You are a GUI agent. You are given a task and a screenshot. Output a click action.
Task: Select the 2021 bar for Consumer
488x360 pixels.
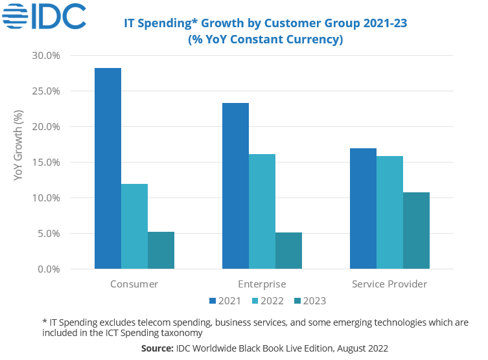(x=108, y=168)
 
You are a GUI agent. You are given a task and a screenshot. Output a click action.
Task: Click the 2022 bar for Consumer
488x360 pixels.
(x=134, y=227)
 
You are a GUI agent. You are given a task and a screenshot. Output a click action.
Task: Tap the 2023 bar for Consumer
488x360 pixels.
(x=161, y=250)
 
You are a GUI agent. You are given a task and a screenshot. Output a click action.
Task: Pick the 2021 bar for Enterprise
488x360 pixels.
(x=235, y=186)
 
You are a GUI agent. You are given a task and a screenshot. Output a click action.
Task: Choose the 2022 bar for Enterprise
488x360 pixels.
(x=262, y=211)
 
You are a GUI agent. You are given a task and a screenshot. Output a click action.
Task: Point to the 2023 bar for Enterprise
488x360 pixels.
(x=288, y=251)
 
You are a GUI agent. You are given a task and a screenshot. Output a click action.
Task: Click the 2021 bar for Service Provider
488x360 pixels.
(x=363, y=208)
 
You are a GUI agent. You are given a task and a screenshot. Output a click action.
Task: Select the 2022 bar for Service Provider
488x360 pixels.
(x=389, y=212)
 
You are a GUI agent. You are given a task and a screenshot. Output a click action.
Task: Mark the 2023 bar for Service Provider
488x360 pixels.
(x=416, y=231)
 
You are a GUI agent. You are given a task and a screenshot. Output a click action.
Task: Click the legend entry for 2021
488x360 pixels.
(x=225, y=300)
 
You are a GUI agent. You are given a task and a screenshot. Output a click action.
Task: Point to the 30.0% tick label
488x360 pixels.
(x=46, y=56)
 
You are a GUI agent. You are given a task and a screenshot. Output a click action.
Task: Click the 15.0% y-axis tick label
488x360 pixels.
(x=46, y=163)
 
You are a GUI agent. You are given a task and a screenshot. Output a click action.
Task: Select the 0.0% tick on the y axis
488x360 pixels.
(x=49, y=269)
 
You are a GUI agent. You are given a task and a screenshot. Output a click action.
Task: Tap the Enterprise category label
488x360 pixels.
(x=262, y=284)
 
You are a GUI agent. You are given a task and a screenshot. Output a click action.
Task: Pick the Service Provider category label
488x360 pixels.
(x=389, y=284)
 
